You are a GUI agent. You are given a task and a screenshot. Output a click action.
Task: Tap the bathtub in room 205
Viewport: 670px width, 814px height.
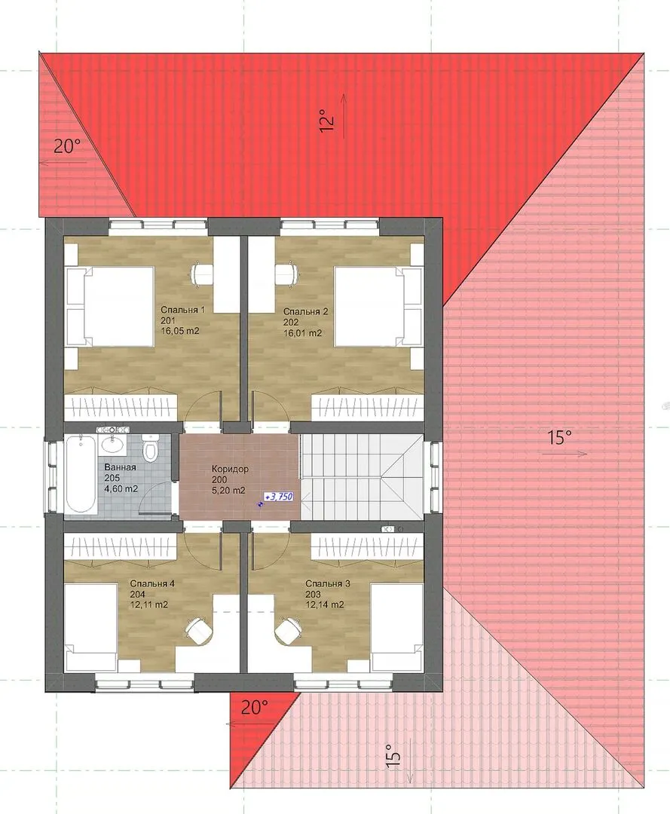tap(81, 474)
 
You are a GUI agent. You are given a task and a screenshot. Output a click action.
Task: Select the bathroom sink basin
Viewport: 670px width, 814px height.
tap(112, 445)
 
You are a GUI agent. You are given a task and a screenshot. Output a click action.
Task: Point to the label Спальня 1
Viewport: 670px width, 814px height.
tap(182, 310)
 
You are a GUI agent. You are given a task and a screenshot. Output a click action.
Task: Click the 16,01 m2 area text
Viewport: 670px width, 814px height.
tap(302, 333)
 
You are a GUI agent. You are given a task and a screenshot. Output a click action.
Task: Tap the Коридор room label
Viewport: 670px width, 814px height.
tap(230, 469)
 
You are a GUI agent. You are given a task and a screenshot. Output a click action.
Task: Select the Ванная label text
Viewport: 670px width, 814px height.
tap(120, 467)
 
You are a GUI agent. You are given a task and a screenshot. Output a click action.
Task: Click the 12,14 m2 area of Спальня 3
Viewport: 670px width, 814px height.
tap(325, 604)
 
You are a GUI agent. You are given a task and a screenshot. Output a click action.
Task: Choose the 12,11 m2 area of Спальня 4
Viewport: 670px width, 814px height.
tap(149, 604)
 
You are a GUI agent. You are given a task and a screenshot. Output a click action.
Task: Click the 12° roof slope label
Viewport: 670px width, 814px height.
tap(326, 120)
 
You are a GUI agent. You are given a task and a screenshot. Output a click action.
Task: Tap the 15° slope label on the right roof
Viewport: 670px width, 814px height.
tap(558, 438)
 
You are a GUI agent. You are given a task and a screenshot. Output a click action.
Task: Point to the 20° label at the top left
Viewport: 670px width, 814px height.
tap(66, 146)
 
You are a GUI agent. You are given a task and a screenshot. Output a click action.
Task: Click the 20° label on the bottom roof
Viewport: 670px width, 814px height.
tap(254, 707)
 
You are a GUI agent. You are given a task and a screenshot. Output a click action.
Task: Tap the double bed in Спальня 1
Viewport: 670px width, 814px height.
tap(111, 307)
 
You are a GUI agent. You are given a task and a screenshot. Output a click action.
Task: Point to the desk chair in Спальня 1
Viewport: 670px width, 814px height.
tap(203, 274)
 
